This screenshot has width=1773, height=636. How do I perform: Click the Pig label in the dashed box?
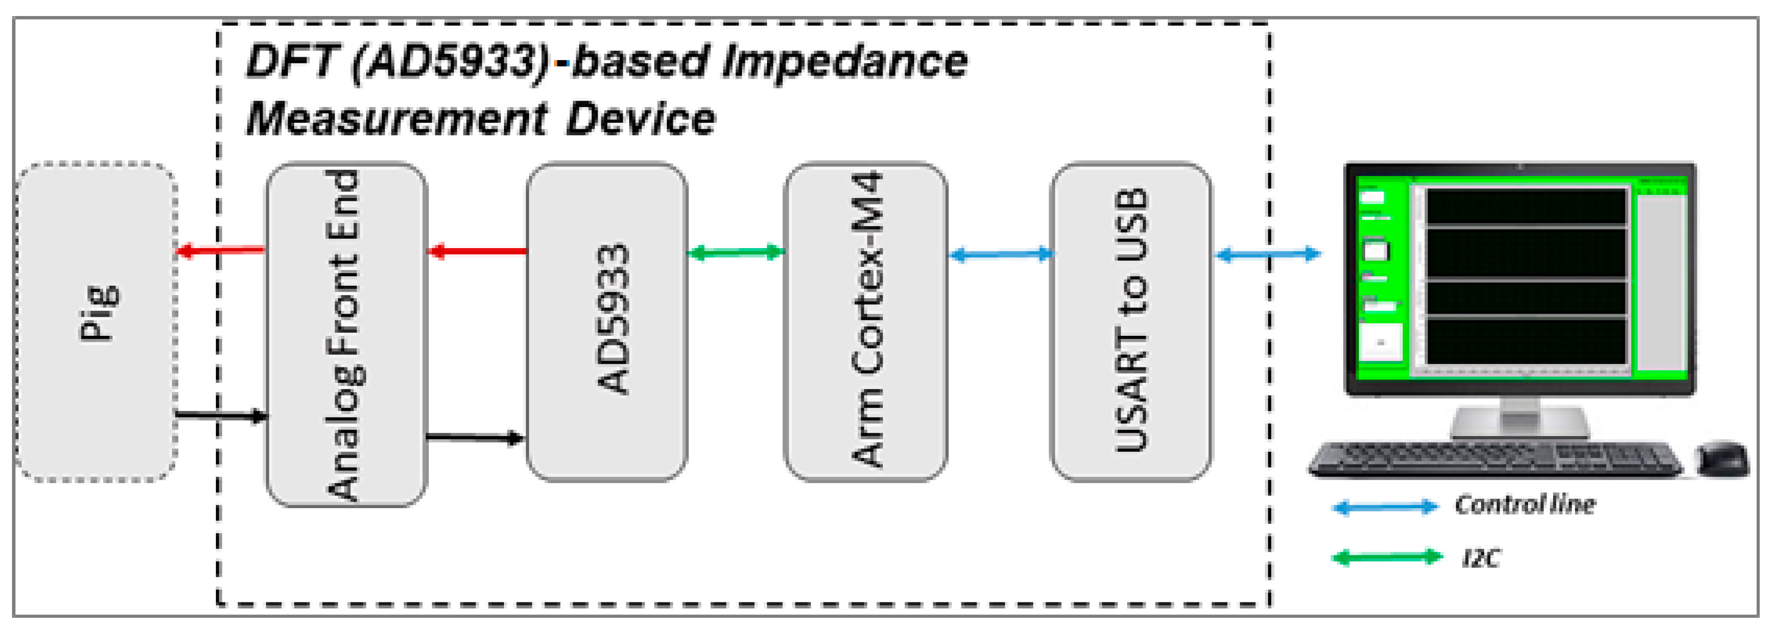point(98,313)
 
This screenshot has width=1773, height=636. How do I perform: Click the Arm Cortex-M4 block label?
point(867,320)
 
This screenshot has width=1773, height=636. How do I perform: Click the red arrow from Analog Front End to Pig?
point(220,251)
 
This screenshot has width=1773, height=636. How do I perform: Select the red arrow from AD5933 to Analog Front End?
point(477,251)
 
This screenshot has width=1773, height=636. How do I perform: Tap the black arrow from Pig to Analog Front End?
point(220,415)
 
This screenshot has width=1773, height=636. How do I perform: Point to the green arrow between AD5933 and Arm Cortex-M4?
point(736,253)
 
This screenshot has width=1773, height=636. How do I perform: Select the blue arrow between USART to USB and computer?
point(1268,255)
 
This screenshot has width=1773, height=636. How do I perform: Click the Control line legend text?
point(1524,505)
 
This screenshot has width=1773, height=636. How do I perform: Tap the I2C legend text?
point(1481,557)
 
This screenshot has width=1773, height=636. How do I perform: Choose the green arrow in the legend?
point(1386,557)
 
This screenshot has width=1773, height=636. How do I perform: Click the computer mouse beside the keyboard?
point(1722,457)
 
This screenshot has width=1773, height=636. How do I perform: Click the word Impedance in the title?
point(845,62)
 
